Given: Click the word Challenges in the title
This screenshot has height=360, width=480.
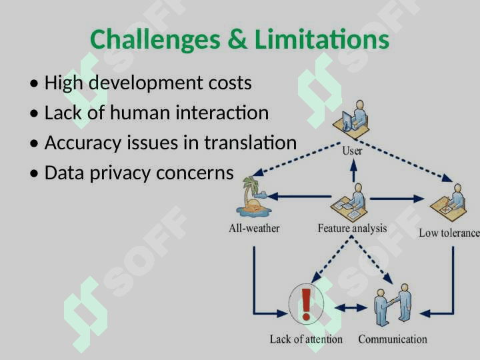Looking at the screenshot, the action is point(155,39).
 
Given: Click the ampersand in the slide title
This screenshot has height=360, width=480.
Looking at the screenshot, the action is point(237,39).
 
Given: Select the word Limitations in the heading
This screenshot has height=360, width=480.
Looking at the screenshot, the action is point(322,39).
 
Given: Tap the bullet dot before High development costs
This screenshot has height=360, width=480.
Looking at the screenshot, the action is point(34,83).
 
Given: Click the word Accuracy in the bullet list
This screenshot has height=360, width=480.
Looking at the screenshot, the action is point(83,143).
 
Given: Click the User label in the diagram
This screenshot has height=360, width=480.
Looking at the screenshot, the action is point(352,151).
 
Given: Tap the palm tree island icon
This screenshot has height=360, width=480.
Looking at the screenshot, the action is point(253,197).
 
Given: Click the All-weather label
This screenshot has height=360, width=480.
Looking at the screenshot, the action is point(254,229).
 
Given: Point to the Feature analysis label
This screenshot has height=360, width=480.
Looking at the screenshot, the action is point(352,229).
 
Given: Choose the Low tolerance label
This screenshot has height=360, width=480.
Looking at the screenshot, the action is point(449,233).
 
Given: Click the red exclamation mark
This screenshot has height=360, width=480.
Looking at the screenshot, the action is point(306,305).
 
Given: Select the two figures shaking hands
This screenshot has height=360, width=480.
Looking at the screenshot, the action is point(393,305).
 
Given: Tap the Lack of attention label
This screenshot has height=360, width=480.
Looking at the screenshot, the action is point(306,339).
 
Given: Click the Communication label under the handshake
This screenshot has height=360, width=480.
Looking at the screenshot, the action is point(393,339).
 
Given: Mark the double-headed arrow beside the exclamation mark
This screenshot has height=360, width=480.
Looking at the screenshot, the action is point(351,307).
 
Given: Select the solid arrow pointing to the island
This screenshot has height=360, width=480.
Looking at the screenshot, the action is point(299,196).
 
